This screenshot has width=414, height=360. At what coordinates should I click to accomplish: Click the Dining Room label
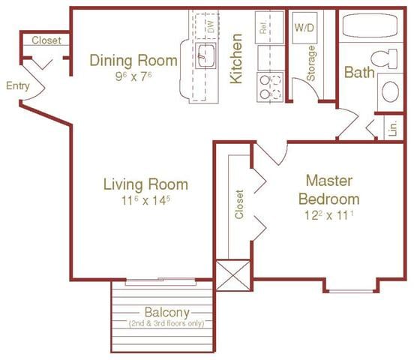tap(133, 60)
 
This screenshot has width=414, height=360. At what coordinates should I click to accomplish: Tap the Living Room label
tap(145, 184)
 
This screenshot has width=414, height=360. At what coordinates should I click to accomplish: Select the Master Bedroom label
tap(328, 190)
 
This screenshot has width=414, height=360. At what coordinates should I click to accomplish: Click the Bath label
tap(360, 72)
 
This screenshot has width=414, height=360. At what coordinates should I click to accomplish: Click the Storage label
tap(310, 64)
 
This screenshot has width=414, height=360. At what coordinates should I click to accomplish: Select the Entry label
tap(17, 85)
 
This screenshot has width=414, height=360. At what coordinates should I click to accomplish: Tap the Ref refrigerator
tap(263, 28)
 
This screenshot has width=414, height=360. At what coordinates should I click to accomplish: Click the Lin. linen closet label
tap(392, 129)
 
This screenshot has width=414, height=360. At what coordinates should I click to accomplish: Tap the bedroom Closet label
tap(240, 203)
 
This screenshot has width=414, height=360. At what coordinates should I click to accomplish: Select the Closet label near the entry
tap(46, 41)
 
